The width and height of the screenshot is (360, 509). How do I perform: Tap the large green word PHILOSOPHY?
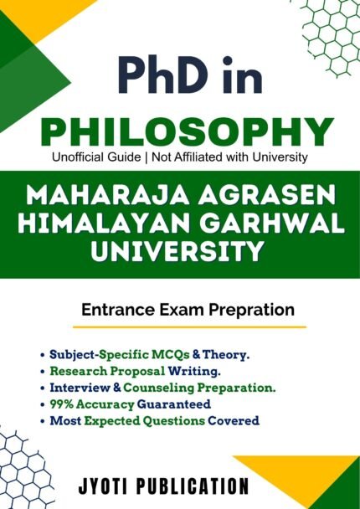coord(188,131)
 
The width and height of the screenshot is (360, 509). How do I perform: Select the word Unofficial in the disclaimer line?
coord(74,157)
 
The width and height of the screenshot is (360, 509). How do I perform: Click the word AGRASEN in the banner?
coord(267,195)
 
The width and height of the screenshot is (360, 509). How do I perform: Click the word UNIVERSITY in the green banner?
coord(177,251)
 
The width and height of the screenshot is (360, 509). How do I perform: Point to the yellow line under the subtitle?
coord(189,327)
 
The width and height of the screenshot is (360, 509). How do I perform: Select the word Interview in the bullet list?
coord(80,388)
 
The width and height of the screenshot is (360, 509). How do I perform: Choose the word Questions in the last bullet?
coord(174,421)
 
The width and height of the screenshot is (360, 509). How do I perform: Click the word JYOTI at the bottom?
coord(104,486)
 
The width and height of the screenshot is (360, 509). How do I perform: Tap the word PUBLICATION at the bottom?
coord(193,486)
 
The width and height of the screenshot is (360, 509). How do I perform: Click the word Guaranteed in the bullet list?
coord(173,404)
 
